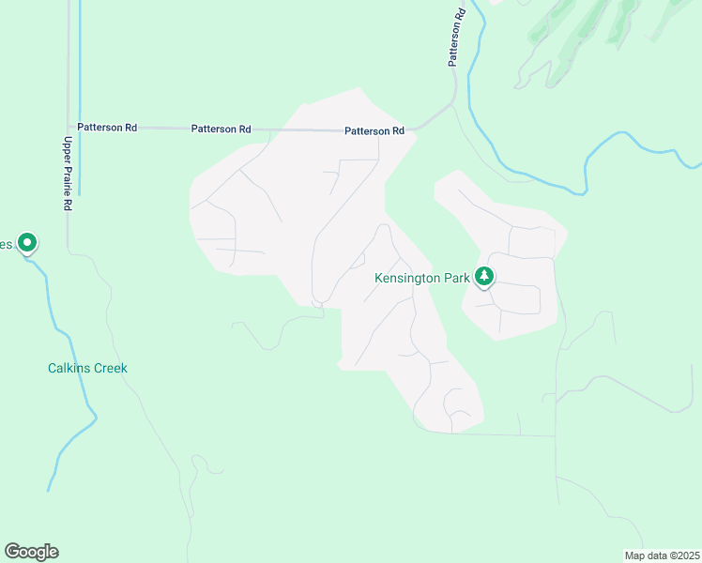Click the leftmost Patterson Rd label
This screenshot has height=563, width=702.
coord(107,128)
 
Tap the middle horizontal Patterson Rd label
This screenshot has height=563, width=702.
coord(221,129)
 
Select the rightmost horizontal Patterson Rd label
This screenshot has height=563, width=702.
coord(374,131)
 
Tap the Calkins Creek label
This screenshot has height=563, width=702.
coord(87,368)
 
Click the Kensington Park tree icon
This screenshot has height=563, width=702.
coord(484,276)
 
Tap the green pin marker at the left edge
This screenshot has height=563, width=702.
coord(27,243)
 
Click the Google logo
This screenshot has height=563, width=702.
coord(31,552)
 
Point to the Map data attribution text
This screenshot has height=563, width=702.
coord(662,555)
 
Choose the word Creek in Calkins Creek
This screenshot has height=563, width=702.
coord(109,368)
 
